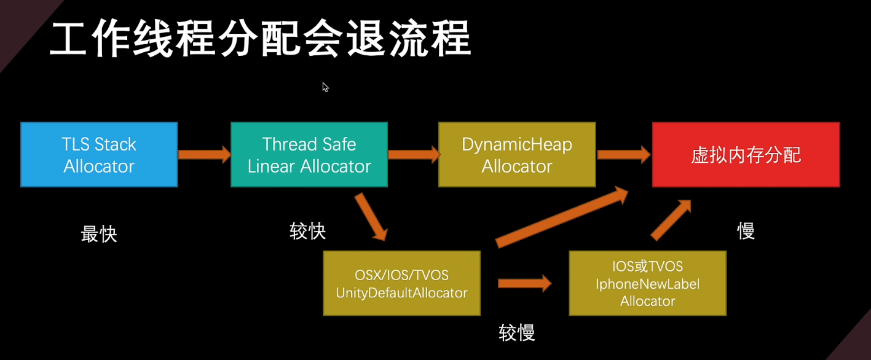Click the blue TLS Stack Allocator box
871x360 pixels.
point(99,155)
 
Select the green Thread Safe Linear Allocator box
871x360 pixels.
point(309,155)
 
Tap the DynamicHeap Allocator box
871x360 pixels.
point(517,155)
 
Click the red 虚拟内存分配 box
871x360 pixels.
point(746,155)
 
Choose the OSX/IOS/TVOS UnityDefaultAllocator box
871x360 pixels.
point(401,283)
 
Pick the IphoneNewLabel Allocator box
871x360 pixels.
point(647,283)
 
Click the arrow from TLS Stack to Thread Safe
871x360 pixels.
point(205,155)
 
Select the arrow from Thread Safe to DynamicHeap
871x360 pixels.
point(414,155)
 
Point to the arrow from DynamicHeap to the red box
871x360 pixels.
point(624,155)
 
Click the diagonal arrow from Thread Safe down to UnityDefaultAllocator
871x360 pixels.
point(371,216)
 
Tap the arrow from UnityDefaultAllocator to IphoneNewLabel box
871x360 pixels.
point(524,283)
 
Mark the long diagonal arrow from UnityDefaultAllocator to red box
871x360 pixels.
point(562,217)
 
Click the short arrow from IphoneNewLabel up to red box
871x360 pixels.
point(671,220)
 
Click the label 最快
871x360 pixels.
point(99,234)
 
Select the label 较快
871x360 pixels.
point(307,232)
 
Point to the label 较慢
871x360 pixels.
point(517,333)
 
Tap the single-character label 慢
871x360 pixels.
point(746,232)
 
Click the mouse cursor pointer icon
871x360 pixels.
point(325,87)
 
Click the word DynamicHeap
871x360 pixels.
point(517,144)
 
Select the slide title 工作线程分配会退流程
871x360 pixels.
point(261,39)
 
